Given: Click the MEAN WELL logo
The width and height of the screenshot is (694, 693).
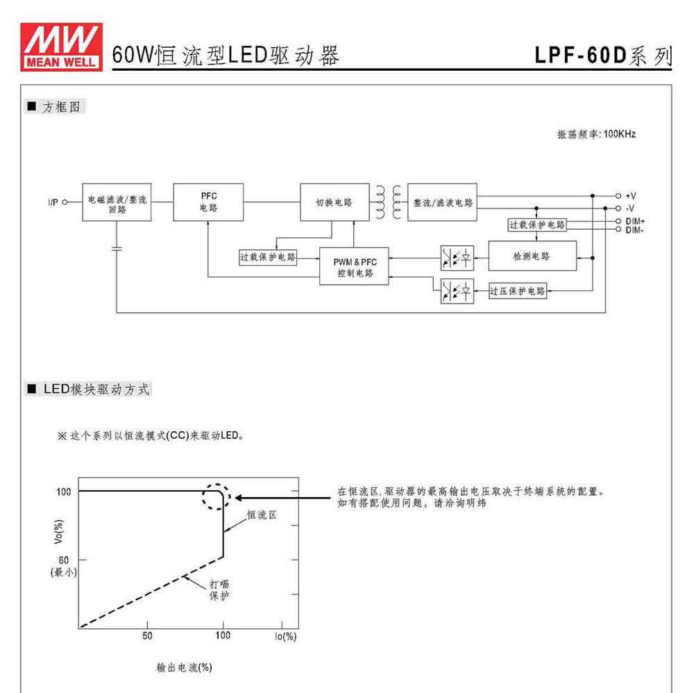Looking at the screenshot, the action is click(x=61, y=47).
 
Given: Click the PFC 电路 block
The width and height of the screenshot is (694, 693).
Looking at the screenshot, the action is click(x=208, y=202).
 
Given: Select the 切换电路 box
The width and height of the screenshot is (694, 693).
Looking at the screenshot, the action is click(x=335, y=202).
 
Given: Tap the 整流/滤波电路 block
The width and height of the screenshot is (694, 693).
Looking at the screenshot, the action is click(x=442, y=202).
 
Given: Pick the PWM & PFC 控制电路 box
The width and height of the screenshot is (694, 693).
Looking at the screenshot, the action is click(x=354, y=266).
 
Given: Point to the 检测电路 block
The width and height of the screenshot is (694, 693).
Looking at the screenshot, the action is click(x=532, y=256).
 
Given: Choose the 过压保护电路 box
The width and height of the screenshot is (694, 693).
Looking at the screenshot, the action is click(x=518, y=291).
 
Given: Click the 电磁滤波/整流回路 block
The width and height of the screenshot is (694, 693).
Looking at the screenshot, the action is click(x=117, y=202).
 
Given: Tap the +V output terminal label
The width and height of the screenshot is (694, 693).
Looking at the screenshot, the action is click(x=631, y=196).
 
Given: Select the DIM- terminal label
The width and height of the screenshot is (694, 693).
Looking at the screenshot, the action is click(x=634, y=230).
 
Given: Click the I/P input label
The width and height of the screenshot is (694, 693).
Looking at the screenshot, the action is click(x=53, y=202).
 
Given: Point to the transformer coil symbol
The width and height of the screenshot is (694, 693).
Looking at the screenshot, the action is click(x=389, y=202).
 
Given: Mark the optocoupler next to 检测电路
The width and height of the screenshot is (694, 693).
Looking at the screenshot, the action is click(x=457, y=258).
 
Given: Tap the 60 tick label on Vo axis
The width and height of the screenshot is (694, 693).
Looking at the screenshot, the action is click(x=64, y=560).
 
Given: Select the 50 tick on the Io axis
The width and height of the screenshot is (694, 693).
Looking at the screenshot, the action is click(x=147, y=635).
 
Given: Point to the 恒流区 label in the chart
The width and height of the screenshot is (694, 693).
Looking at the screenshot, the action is click(x=262, y=515).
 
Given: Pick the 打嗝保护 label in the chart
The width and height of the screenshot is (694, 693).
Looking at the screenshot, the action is click(x=219, y=590).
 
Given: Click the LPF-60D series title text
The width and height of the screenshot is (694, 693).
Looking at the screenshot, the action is click(x=603, y=56).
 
